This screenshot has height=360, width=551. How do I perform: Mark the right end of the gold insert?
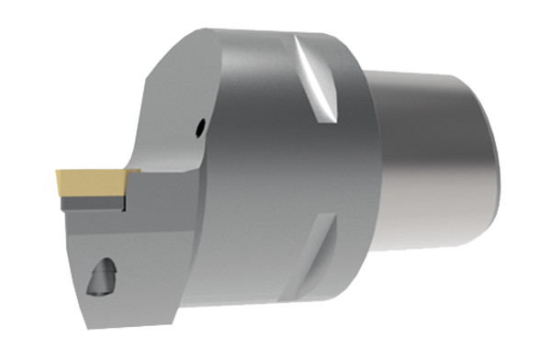click(x=123, y=178)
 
